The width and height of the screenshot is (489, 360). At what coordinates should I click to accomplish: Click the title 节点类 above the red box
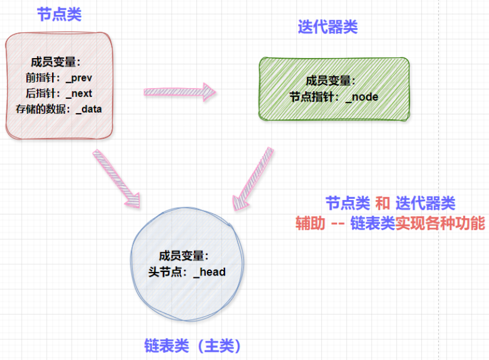click(59, 15)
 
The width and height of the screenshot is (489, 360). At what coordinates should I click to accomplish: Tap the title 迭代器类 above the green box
click(328, 28)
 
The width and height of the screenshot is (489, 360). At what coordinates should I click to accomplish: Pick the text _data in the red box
click(89, 109)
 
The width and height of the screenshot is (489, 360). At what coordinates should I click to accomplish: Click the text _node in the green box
click(362, 96)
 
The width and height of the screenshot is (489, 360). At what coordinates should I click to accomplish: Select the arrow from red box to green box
click(179, 92)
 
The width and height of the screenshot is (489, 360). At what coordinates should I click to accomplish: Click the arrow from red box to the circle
click(117, 178)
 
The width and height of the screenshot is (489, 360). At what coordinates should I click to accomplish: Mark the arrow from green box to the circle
click(253, 178)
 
